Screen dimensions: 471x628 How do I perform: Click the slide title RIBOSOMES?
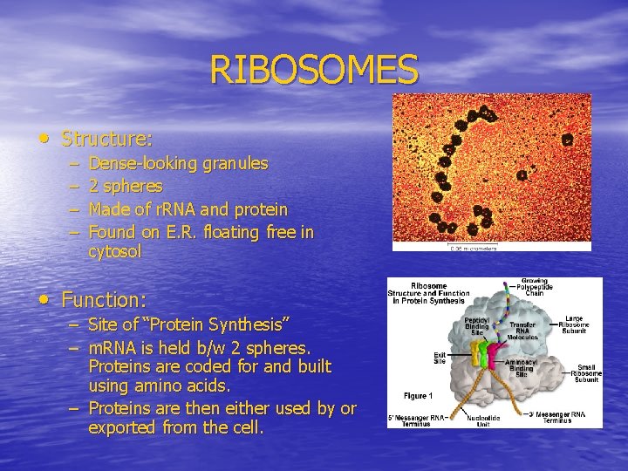pyautogui.click(x=314, y=70)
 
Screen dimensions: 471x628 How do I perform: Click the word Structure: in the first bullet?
pyautogui.click(x=107, y=139)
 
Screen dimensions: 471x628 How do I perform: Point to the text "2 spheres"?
pyautogui.click(x=126, y=187)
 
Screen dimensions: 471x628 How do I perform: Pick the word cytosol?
pyautogui.click(x=114, y=252)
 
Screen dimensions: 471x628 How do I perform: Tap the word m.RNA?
pyautogui.click(x=117, y=346)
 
